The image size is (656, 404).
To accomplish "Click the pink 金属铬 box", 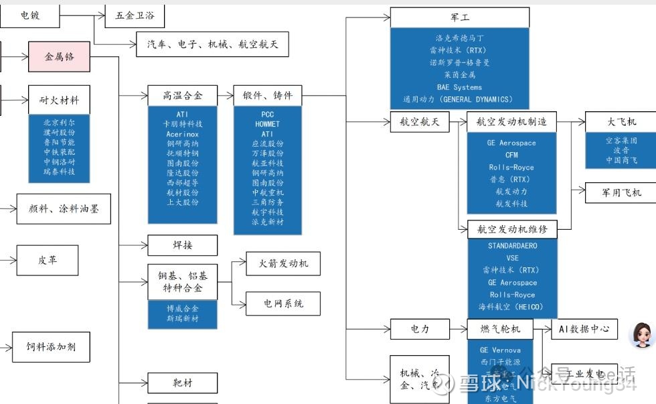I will (58, 57).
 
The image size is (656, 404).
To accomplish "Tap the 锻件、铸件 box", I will (267, 96).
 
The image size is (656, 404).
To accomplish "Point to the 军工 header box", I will (459, 17).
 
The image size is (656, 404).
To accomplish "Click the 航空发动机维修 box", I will (512, 229).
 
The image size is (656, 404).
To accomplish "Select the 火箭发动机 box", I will (282, 263).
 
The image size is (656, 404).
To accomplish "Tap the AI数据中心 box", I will (584, 329).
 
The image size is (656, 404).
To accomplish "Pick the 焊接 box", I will (182, 245).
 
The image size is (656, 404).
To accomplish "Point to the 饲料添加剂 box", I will (52, 347).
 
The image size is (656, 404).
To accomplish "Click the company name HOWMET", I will (267, 124).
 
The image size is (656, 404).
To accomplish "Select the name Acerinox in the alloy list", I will (182, 134).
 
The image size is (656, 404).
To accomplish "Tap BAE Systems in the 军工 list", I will (459, 87).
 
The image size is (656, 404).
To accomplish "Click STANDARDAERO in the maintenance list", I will (512, 246).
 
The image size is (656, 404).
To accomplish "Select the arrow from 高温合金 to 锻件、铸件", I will (226, 96).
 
